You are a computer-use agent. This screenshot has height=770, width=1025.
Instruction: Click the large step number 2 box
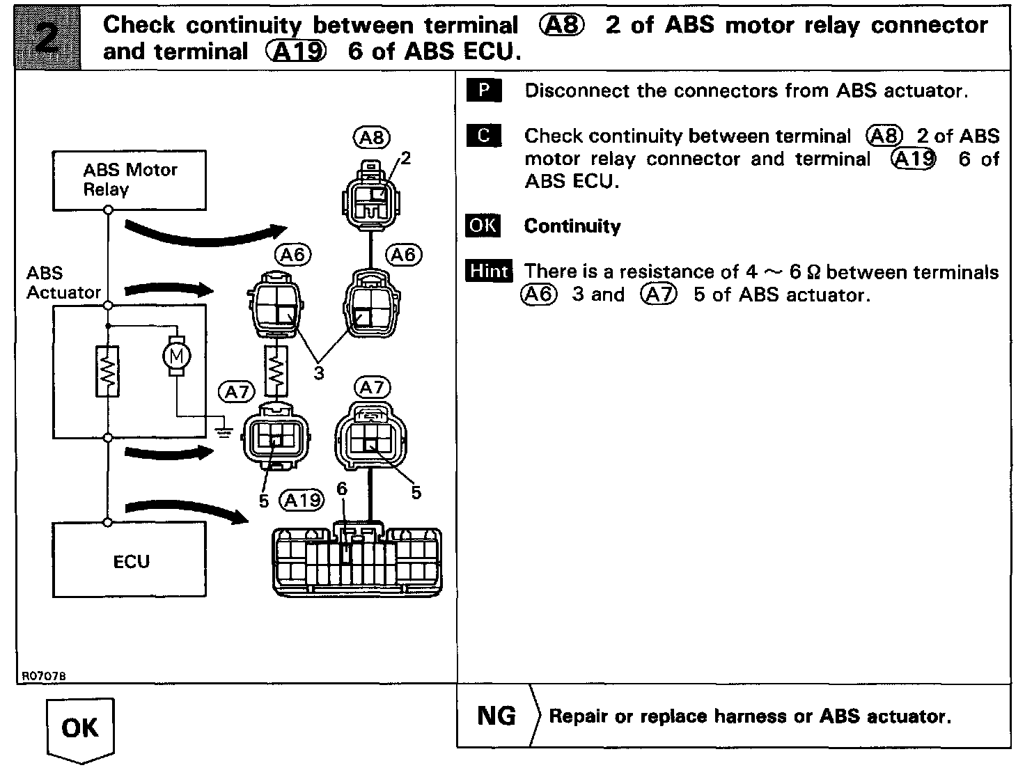(x=47, y=38)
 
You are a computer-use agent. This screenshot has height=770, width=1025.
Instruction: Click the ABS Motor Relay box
(x=130, y=180)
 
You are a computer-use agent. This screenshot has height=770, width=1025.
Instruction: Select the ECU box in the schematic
(x=130, y=560)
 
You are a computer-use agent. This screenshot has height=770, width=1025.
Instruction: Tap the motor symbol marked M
(x=176, y=356)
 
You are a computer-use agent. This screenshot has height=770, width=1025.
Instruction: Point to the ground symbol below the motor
(x=224, y=432)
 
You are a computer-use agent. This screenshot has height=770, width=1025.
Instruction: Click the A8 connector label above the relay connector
(x=371, y=137)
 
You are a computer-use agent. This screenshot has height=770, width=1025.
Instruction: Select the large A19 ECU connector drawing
(x=357, y=559)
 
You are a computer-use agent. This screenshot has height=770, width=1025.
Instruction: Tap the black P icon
(x=484, y=90)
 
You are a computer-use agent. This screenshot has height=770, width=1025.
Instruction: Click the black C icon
(x=484, y=135)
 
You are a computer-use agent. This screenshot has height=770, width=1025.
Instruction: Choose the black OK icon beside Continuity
(x=483, y=226)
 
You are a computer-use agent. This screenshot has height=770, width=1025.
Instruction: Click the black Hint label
(x=488, y=271)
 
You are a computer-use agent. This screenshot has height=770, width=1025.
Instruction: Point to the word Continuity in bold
(x=572, y=226)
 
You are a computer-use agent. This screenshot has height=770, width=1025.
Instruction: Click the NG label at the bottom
(x=496, y=716)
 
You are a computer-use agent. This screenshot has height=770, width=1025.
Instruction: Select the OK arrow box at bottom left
(x=80, y=730)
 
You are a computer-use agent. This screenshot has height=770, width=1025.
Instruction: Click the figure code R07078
(x=44, y=676)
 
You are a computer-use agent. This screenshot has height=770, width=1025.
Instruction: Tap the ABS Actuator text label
(x=63, y=283)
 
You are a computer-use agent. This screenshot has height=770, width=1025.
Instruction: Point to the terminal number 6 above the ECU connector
(x=342, y=489)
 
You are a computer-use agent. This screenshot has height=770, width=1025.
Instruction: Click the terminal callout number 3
(x=318, y=373)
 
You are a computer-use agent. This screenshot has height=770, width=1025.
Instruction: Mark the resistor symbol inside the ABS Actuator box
(x=107, y=372)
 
